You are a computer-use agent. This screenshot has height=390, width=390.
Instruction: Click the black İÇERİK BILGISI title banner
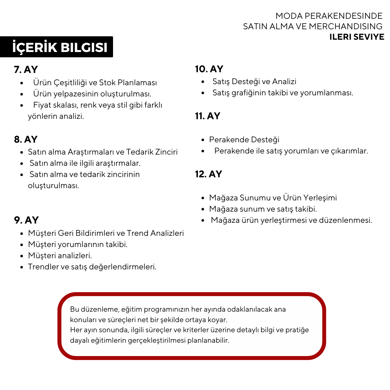click(x=57, y=47)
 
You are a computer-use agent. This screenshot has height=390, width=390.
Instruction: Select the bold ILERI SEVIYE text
click(x=356, y=37)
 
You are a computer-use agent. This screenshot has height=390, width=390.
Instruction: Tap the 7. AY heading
click(x=26, y=69)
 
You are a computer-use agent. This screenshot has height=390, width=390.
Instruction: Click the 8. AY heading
click(x=26, y=139)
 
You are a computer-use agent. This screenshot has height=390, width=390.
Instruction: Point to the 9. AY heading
click(x=26, y=220)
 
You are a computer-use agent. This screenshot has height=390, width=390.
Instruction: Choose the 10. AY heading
click(x=209, y=69)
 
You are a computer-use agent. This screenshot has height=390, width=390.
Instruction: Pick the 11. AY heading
click(x=208, y=116)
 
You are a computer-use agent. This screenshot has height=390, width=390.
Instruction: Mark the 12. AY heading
click(x=208, y=174)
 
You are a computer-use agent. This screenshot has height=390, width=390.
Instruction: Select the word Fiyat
click(x=43, y=105)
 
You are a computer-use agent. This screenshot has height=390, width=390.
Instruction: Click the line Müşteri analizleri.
click(x=60, y=256)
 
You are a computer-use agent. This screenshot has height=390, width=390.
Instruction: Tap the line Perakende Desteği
click(x=244, y=140)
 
